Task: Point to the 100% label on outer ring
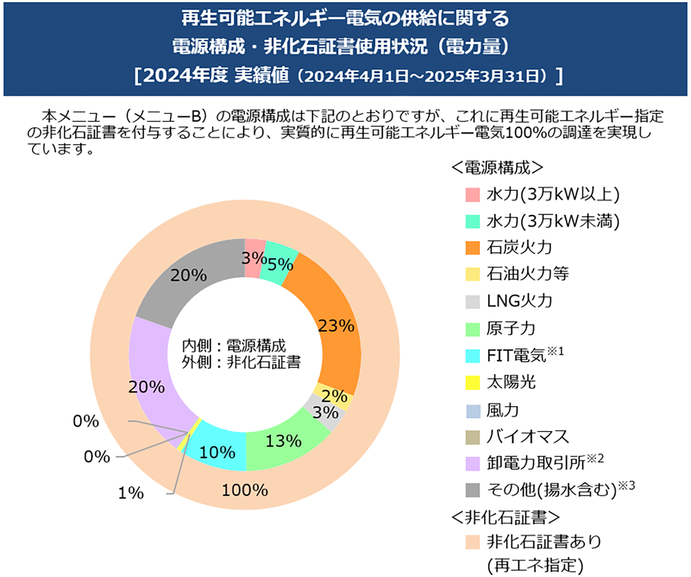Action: tap(245, 490)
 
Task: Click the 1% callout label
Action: tap(131, 492)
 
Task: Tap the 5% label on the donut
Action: tap(280, 264)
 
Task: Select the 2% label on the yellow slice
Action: tap(334, 396)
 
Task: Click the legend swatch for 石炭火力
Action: tap(473, 247)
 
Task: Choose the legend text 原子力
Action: tap(511, 328)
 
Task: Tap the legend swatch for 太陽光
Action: tap(473, 382)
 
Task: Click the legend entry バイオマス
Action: tap(528, 436)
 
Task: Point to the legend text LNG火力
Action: tap(519, 301)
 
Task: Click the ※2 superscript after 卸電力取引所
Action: tap(595, 458)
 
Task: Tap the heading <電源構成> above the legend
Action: tap(497, 168)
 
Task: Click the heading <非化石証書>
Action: tap(505, 517)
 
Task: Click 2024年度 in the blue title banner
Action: tap(185, 76)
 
